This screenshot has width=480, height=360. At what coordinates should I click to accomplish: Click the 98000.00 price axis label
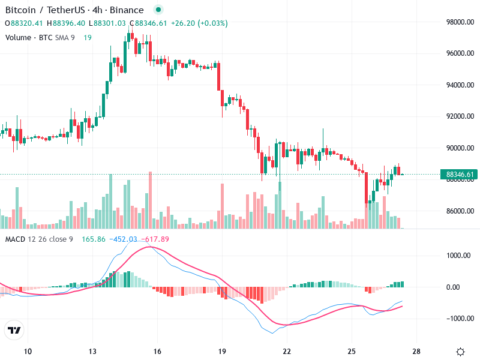[460, 22]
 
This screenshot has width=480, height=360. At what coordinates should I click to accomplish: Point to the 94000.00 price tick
[460, 85]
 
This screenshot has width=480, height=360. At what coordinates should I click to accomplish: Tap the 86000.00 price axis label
[460, 211]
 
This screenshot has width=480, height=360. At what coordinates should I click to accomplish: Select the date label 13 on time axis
[92, 352]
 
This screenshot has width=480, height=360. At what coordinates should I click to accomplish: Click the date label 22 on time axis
[287, 352]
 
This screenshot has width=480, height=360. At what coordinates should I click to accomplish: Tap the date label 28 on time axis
[416, 352]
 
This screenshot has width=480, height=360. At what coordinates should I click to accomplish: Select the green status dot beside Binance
[158, 10]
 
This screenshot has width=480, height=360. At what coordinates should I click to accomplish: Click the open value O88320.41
[24, 23]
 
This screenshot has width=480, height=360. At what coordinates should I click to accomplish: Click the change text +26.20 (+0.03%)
[199, 23]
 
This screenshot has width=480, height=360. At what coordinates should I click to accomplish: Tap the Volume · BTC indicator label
[29, 37]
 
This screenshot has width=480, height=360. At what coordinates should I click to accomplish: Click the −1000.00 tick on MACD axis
[460, 319]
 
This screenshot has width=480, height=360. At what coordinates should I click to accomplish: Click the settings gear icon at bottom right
[460, 352]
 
